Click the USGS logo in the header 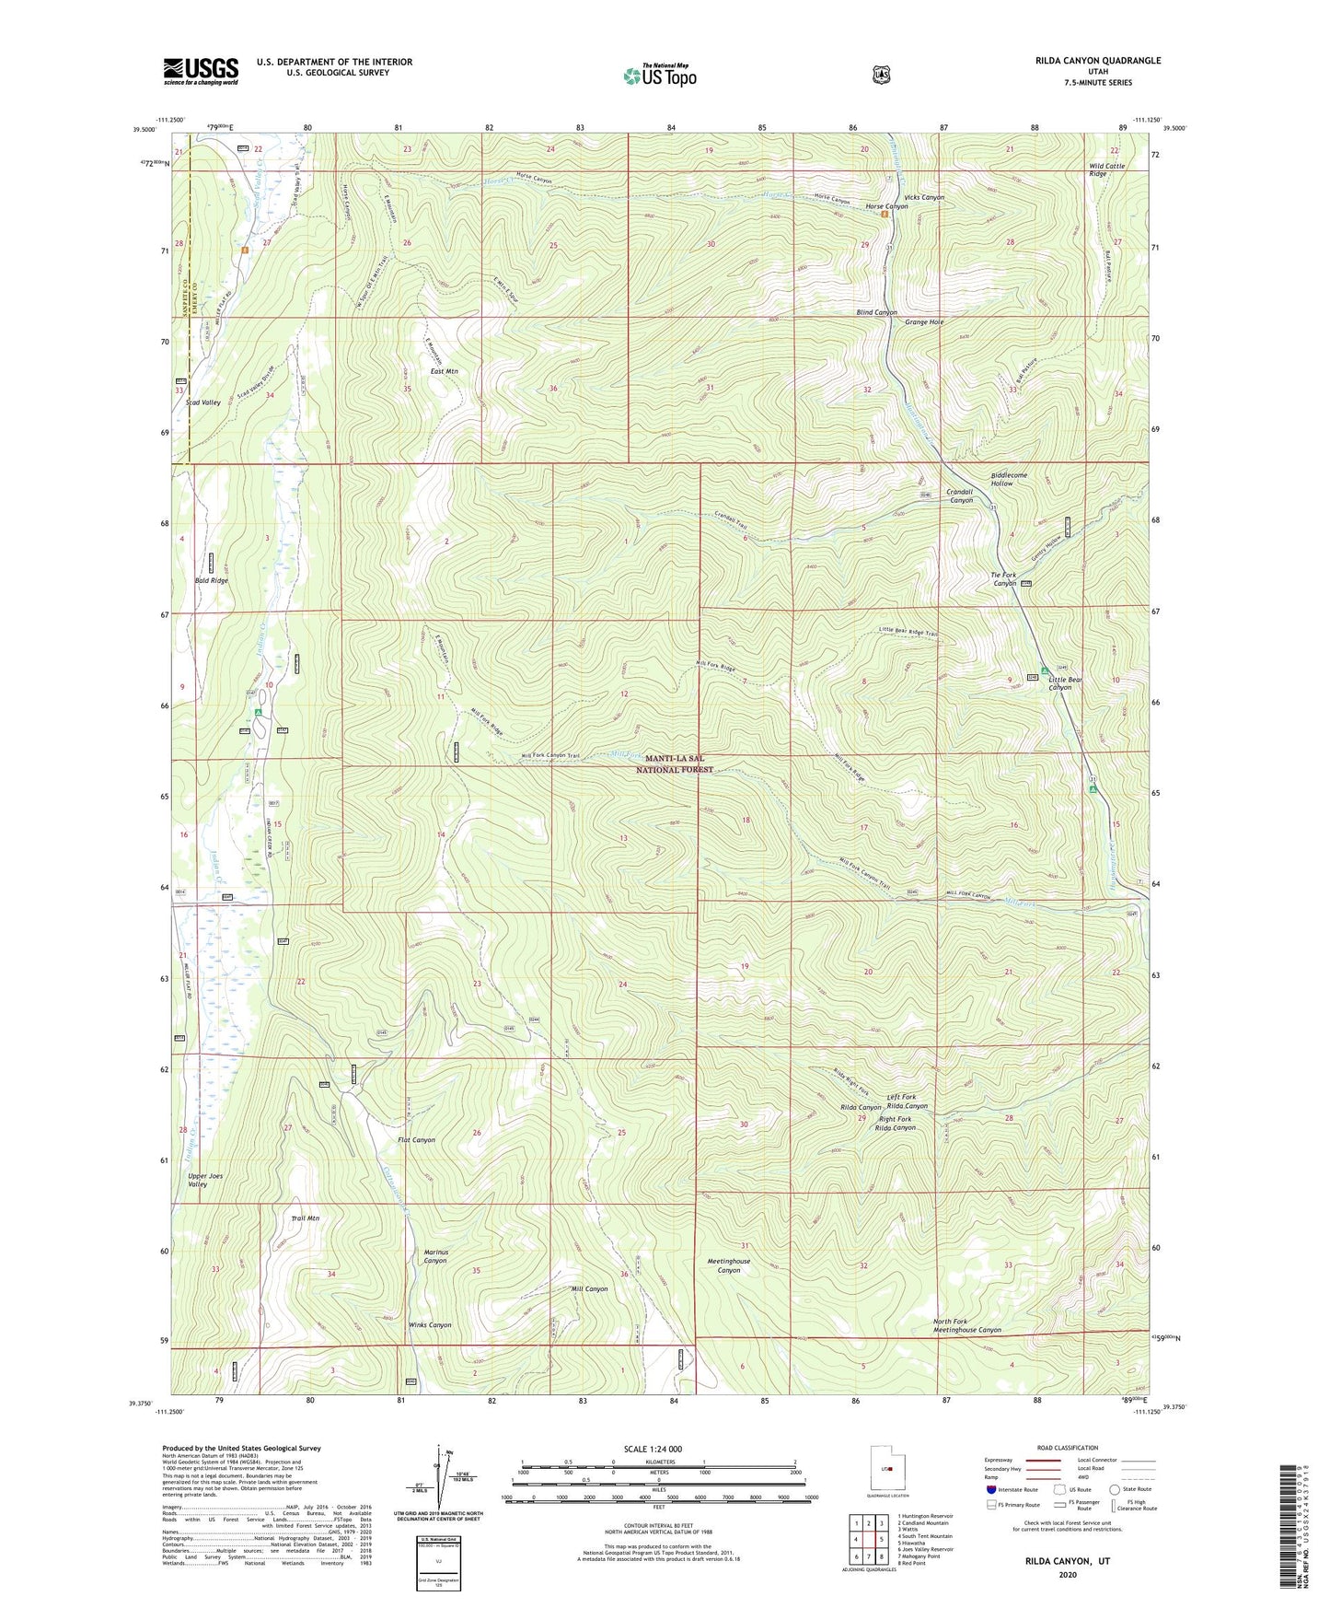201,71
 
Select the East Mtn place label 445,371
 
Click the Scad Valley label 202,402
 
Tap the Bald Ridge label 211,581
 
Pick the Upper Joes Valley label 204,1181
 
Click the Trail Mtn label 305,1218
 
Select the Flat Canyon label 416,1140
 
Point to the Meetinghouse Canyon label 728,1265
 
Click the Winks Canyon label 430,1325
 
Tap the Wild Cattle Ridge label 1107,169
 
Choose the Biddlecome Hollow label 1009,479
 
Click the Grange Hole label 924,322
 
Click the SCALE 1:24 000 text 653,1450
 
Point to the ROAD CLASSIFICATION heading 1068,1448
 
